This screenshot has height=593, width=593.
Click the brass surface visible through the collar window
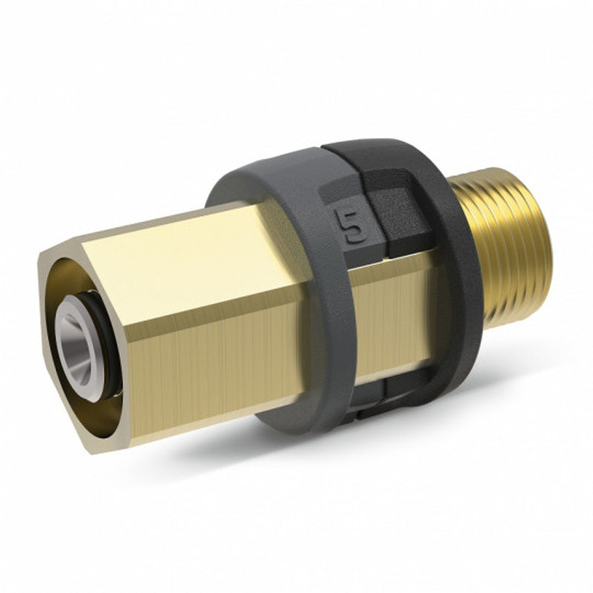tap(397, 311)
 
